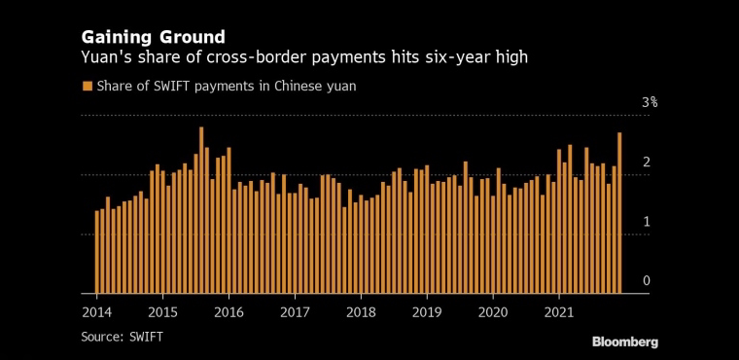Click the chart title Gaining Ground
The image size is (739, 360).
pos(154,37)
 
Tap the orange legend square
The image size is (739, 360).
pos(87,86)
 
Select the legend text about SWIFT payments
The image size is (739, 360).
pos(227,87)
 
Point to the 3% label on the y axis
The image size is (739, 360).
pos(650,102)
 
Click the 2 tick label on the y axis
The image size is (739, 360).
pos(647,162)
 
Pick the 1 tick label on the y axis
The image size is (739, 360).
pos(647,221)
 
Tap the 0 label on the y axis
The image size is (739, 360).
pos(647,281)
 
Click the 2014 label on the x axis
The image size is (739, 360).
pos(96,313)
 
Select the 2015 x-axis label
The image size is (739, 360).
pos(162,313)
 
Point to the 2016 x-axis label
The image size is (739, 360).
pos(229,313)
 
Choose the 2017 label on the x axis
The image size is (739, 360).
pos(295,313)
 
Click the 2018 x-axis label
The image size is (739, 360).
pos(361,313)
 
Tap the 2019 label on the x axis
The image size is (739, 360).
pos(427,313)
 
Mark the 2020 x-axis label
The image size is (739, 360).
pos(493,313)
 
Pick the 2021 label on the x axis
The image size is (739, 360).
pos(559,313)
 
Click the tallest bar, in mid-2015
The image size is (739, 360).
pos(201,210)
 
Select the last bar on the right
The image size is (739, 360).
pos(619,213)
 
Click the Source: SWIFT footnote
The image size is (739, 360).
pos(123,337)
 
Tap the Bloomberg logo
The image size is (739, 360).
pos(625,342)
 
